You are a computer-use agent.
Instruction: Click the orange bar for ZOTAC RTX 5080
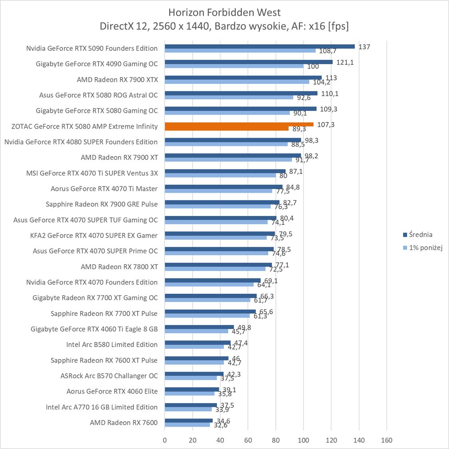tap(239, 125)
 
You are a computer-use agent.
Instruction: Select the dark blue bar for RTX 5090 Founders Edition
tap(259, 46)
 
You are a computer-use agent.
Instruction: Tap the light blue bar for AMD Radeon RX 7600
tap(187, 425)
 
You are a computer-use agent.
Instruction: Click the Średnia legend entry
tap(420, 235)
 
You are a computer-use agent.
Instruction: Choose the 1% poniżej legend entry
tap(425, 248)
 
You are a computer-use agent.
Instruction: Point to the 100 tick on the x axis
tap(303, 440)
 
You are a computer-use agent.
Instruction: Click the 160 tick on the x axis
tap(386, 440)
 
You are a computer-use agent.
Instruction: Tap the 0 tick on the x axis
tap(165, 440)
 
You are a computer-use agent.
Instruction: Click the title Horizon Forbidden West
tap(224, 12)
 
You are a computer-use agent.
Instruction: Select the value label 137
tap(364, 47)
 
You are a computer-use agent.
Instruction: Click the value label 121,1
tap(345, 62)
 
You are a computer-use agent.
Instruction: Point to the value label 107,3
tap(326, 125)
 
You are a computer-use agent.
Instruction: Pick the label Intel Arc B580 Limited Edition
tap(112, 344)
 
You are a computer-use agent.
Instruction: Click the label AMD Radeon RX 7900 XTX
tap(117, 79)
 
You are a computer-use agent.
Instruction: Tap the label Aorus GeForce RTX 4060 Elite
tap(112, 391)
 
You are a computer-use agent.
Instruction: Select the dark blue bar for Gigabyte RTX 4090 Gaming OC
tap(248, 62)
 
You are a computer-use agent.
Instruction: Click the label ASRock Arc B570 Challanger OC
tap(109, 376)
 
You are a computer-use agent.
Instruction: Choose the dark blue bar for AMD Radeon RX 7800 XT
tap(218, 265)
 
